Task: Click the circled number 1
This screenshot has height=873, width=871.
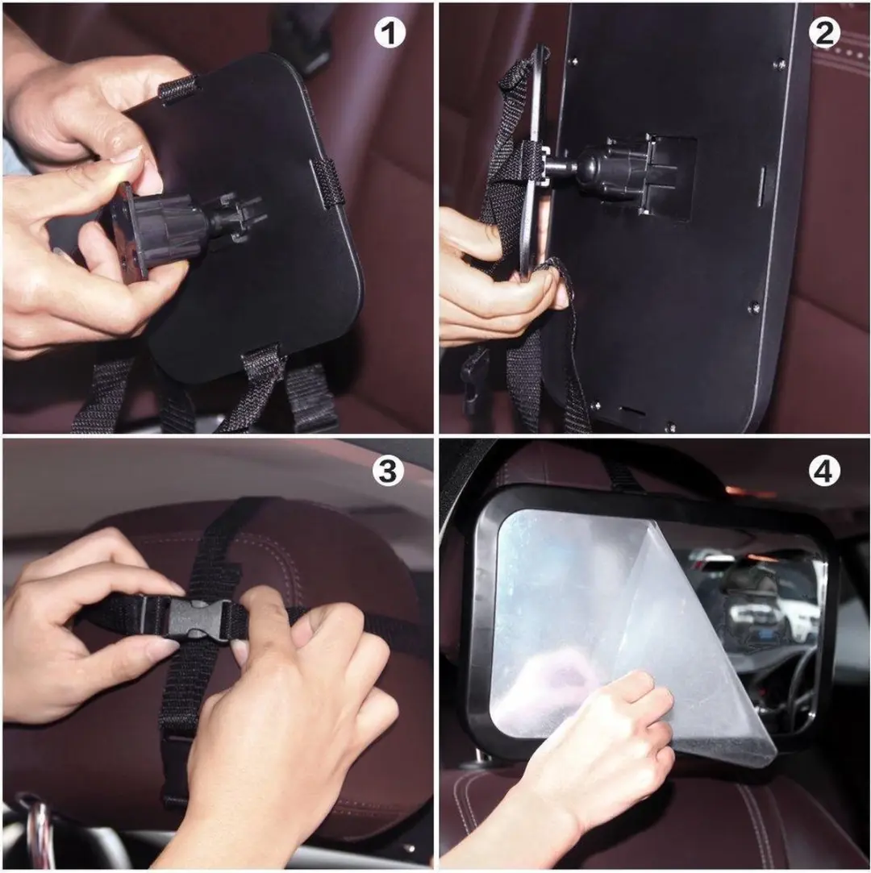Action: point(390,33)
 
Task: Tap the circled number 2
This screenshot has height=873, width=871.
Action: point(824,33)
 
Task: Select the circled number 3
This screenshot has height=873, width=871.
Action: point(388,471)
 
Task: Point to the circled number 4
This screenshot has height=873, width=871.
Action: point(824,471)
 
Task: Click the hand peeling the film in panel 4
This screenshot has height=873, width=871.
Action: point(585,763)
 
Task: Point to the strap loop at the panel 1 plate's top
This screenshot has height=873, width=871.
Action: point(178,89)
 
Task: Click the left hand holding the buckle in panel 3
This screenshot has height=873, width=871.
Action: point(84,624)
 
